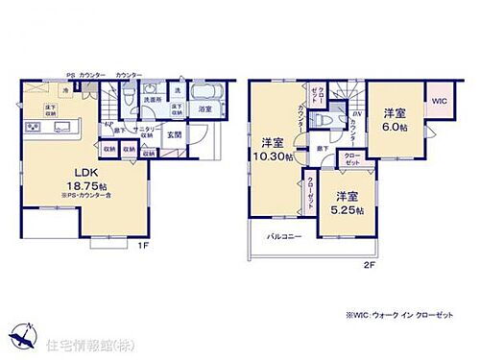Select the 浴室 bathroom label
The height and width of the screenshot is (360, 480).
204,109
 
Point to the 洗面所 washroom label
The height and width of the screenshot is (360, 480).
153,99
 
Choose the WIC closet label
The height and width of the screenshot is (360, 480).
439,100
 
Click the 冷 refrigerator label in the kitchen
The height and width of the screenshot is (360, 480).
65,90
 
